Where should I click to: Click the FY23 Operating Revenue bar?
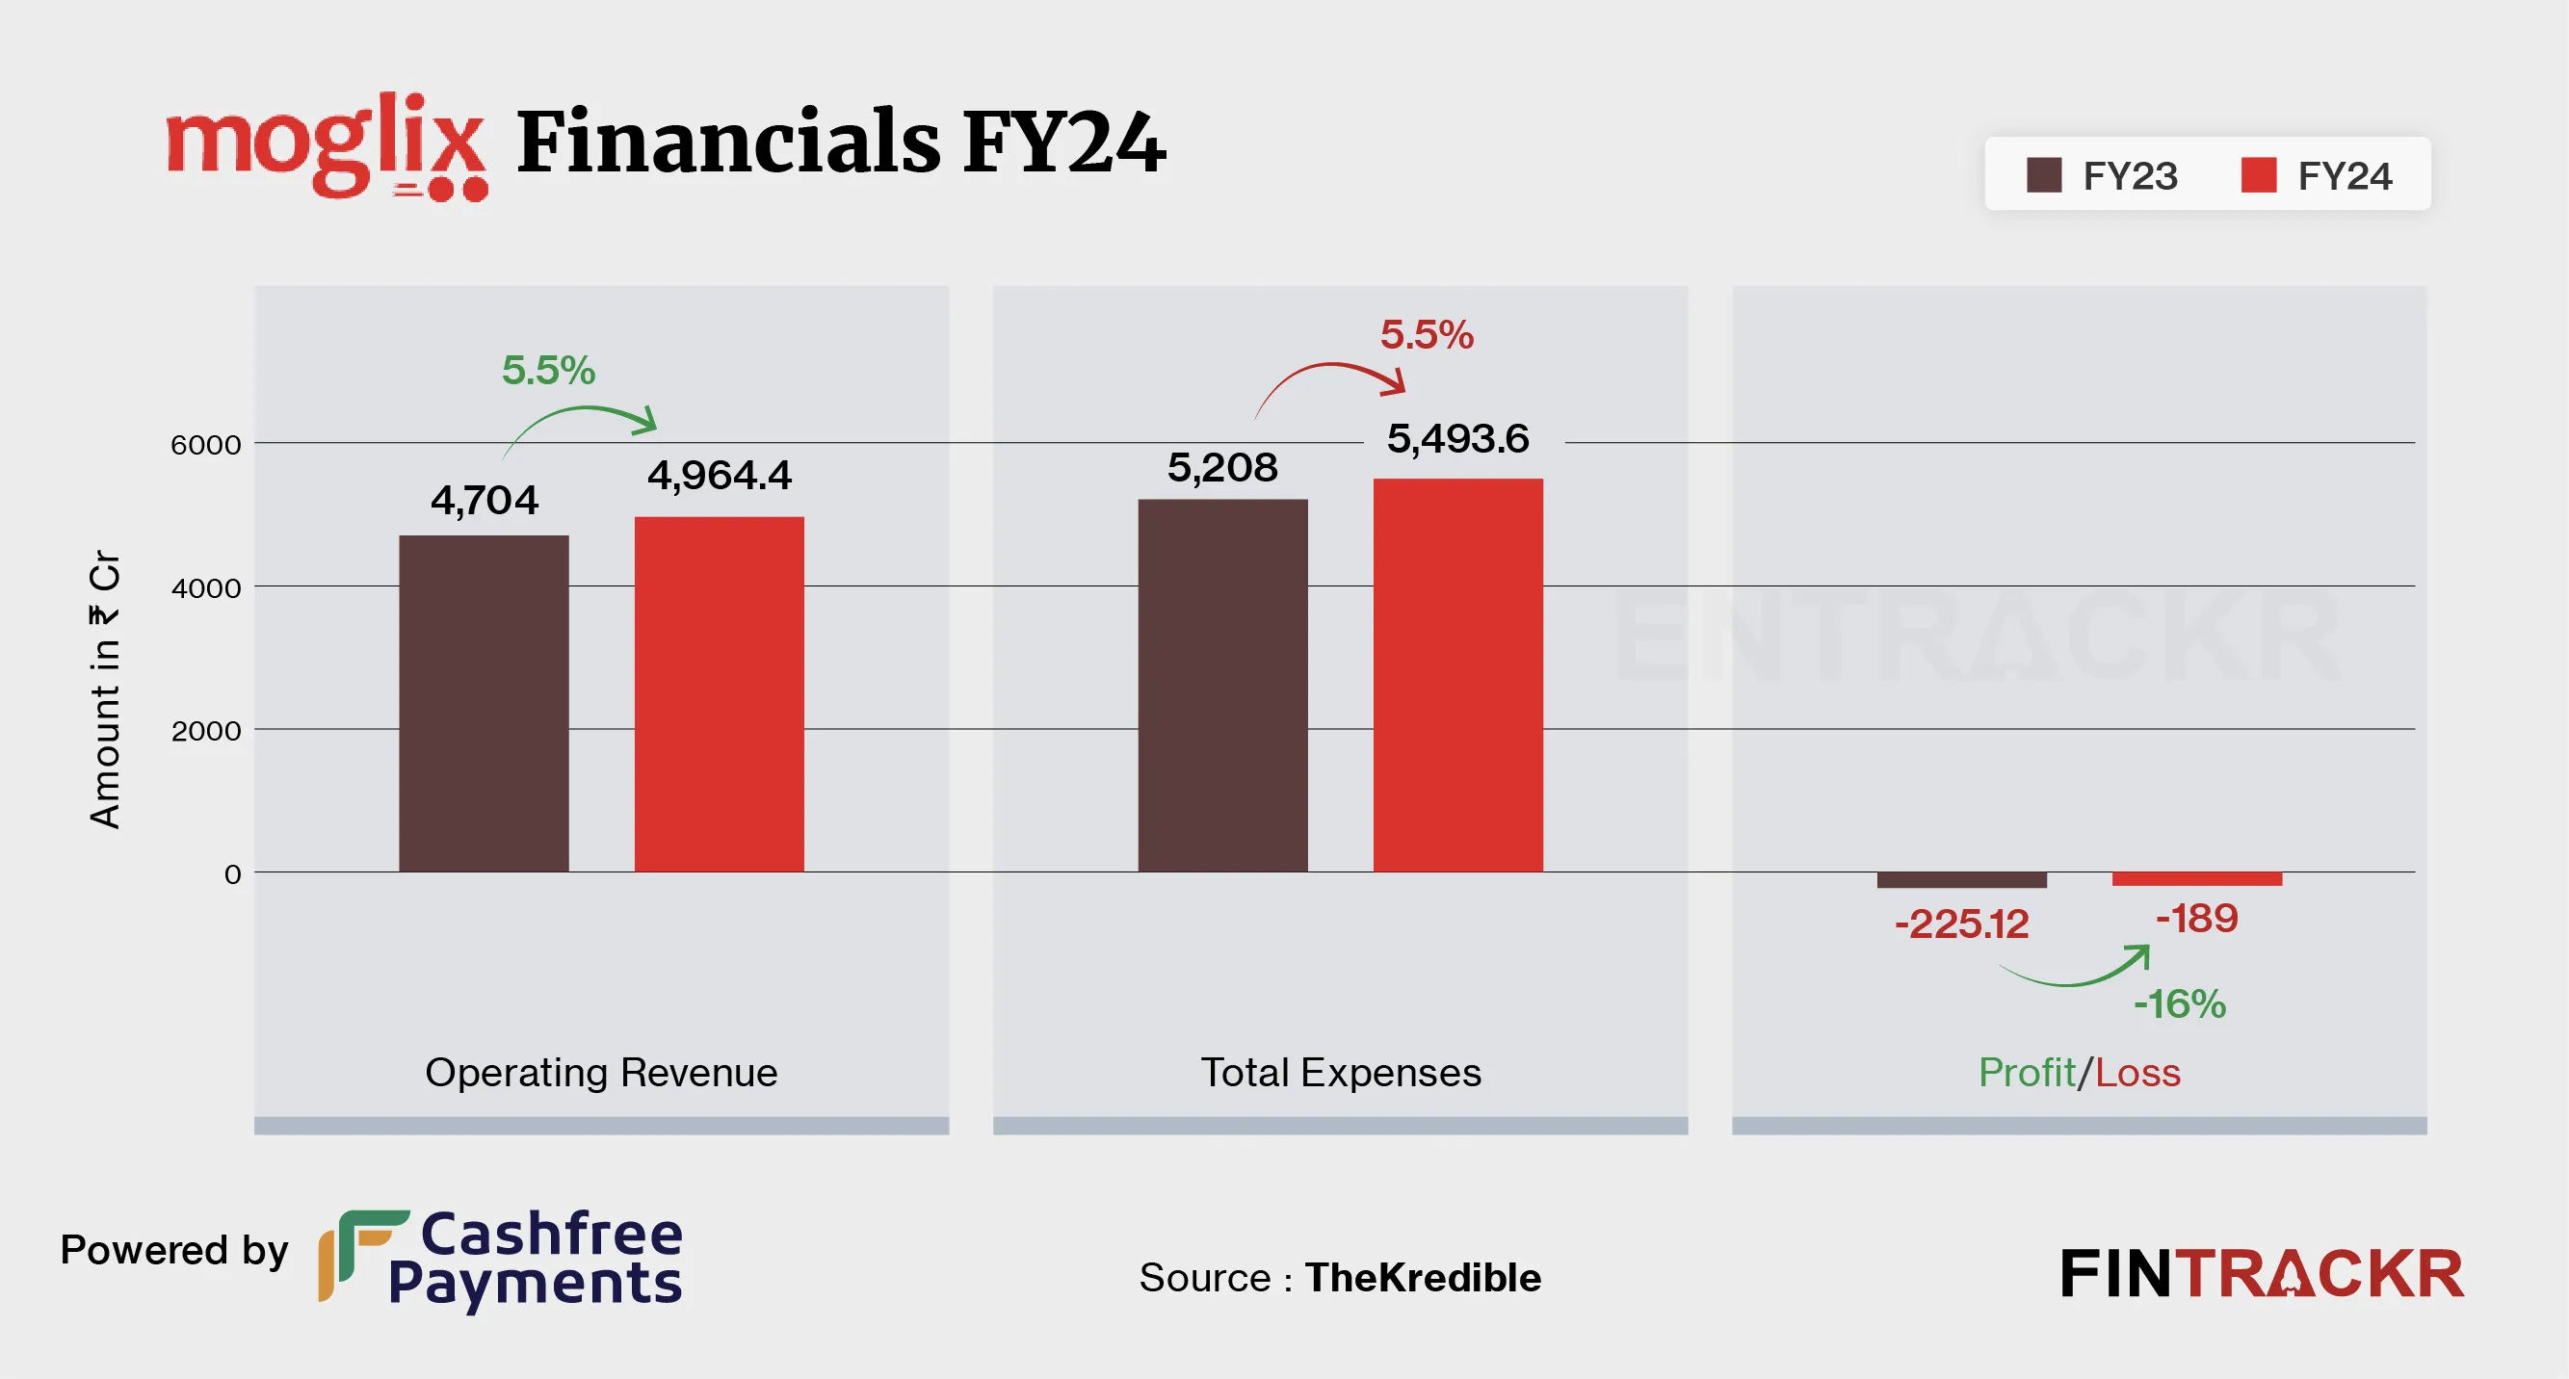click(484, 703)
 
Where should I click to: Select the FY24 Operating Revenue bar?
click(719, 694)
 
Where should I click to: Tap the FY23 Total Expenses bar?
click(1222, 685)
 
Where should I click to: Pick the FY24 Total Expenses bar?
click(1458, 675)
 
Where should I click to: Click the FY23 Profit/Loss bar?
click(1961, 880)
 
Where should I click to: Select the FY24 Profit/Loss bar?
click(2197, 878)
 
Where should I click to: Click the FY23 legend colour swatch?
click(2043, 175)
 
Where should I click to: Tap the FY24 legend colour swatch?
click(2259, 175)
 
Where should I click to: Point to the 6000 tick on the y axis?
click(206, 445)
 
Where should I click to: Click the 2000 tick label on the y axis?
click(206, 731)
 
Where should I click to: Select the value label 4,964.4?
click(719, 475)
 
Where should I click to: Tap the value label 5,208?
click(1222, 468)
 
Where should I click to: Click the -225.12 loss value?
click(1961, 924)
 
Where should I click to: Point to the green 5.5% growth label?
click(547, 370)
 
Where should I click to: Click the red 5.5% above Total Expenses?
click(1427, 335)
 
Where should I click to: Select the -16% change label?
click(2179, 1004)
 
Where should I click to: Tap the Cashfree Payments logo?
click(501, 1259)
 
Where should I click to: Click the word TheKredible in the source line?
click(1423, 1277)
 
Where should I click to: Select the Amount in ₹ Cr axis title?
click(105, 689)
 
